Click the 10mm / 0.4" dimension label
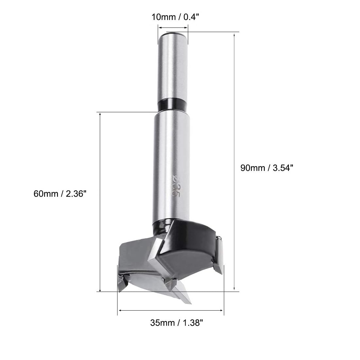[175, 17]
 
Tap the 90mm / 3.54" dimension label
[267, 168]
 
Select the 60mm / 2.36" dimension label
[60, 194]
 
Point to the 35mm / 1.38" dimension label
[176, 323]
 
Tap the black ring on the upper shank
[173, 105]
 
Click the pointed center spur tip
[190, 303]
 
